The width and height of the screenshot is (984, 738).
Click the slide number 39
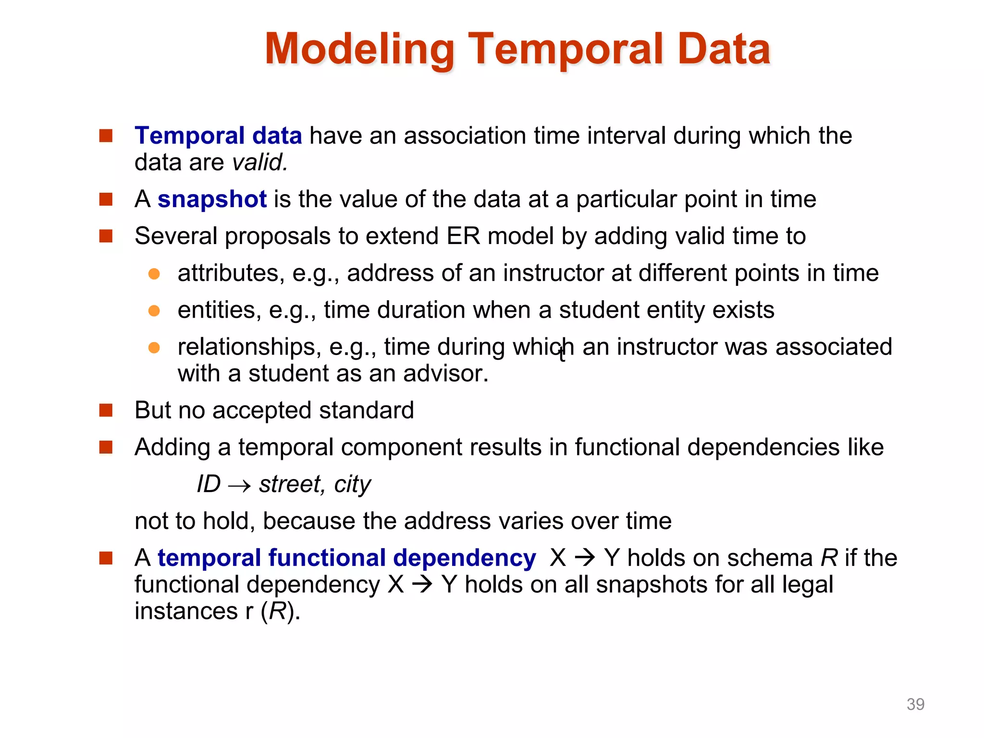point(915,704)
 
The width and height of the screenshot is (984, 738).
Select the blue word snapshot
point(212,199)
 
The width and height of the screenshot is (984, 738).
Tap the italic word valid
point(259,163)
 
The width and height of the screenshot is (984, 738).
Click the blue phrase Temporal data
point(218,136)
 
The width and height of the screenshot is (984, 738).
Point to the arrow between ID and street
point(239,485)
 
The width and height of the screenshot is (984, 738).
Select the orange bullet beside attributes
point(154,274)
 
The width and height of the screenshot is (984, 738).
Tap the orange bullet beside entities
point(154,311)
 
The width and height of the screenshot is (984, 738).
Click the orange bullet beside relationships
point(154,348)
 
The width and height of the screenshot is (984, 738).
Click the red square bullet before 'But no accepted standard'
point(106,411)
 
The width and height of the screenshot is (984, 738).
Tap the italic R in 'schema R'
point(829,558)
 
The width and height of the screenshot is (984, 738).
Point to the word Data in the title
point(724,49)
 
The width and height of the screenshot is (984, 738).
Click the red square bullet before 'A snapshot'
point(106,199)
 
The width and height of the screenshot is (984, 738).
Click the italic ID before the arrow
point(209,484)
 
